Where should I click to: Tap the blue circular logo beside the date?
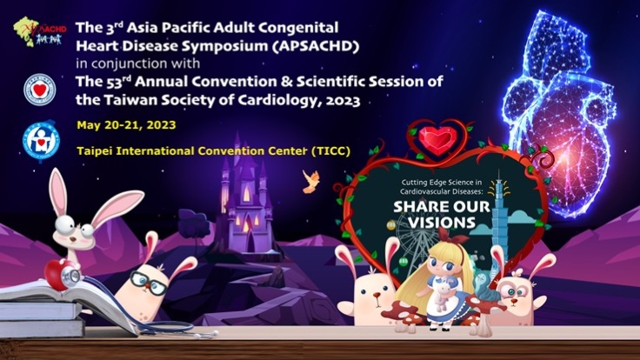click(x=39, y=140)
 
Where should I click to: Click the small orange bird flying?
click(x=308, y=180)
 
